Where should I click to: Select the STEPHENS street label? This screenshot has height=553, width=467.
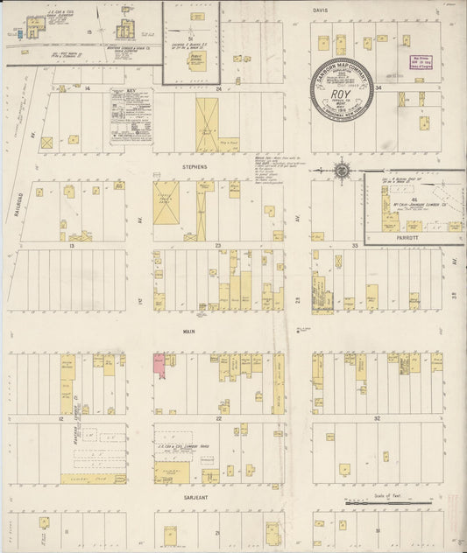pyautogui.click(x=195, y=165)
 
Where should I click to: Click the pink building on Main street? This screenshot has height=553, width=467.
pyautogui.click(x=160, y=365)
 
